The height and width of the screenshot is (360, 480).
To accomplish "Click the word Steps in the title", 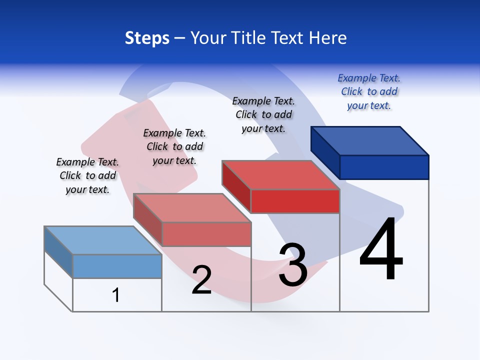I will pos(147,38).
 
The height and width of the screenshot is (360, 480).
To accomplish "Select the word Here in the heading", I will pos(327,38).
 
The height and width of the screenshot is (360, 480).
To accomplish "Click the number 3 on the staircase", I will pos(293,265).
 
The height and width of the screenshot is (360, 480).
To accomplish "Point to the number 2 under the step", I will pos(201,280).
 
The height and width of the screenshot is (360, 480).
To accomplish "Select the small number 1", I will pos(116,295).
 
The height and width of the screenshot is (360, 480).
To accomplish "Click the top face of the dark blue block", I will pos(370,140).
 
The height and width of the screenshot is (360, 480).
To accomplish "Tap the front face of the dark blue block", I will pos(384,167).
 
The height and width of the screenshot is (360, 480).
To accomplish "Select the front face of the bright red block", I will pos(295,201).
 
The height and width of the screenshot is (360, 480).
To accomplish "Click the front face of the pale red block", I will pos(206,234).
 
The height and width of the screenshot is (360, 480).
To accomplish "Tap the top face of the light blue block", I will pos(103,240).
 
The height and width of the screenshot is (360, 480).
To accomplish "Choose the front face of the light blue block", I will pos(117,266).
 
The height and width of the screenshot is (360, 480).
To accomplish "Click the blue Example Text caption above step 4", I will pos(369,92).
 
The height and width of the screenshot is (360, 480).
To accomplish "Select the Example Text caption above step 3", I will pos(263,115).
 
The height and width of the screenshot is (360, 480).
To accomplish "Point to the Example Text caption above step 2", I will pos(174,146).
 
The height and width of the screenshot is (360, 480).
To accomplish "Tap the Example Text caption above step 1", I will pos(87,175).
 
